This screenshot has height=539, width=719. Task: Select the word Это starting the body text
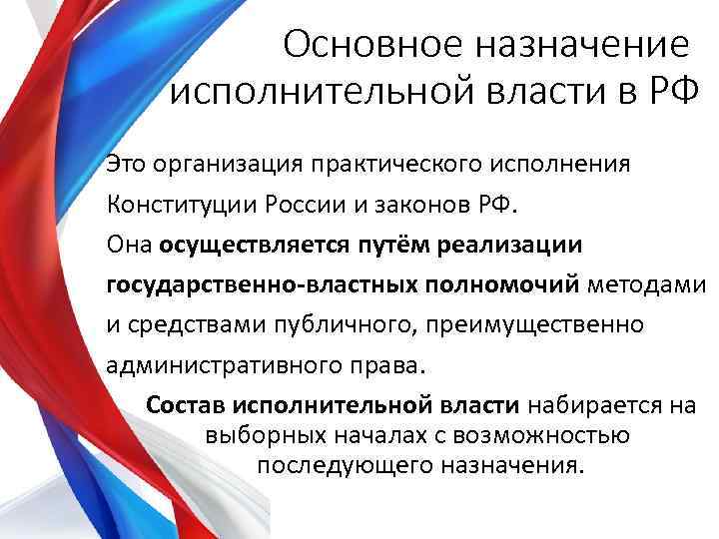(x=128, y=163)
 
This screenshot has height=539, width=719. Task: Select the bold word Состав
(x=187, y=406)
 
